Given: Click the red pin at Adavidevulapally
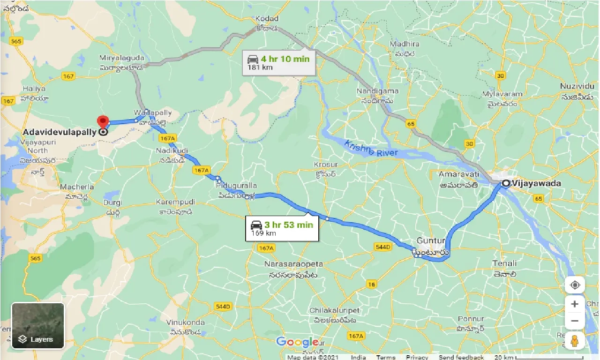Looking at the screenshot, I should (103, 122).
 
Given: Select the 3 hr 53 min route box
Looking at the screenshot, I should (282, 228).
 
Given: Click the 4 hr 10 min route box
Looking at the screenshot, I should (279, 62).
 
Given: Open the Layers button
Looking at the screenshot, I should (38, 326).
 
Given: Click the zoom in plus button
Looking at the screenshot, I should (575, 304).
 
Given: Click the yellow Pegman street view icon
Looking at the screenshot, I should (575, 341).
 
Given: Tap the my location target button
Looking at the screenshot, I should (575, 285).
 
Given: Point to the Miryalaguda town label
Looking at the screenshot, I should (121, 58).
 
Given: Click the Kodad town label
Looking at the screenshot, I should (267, 19).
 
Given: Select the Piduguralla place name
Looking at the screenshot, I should (237, 186).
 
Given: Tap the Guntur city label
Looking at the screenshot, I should (430, 241).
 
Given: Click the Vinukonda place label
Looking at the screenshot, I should (186, 322).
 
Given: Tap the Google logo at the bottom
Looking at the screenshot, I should (297, 342).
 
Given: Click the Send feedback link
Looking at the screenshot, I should (462, 357).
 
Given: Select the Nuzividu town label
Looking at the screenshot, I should (578, 86).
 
